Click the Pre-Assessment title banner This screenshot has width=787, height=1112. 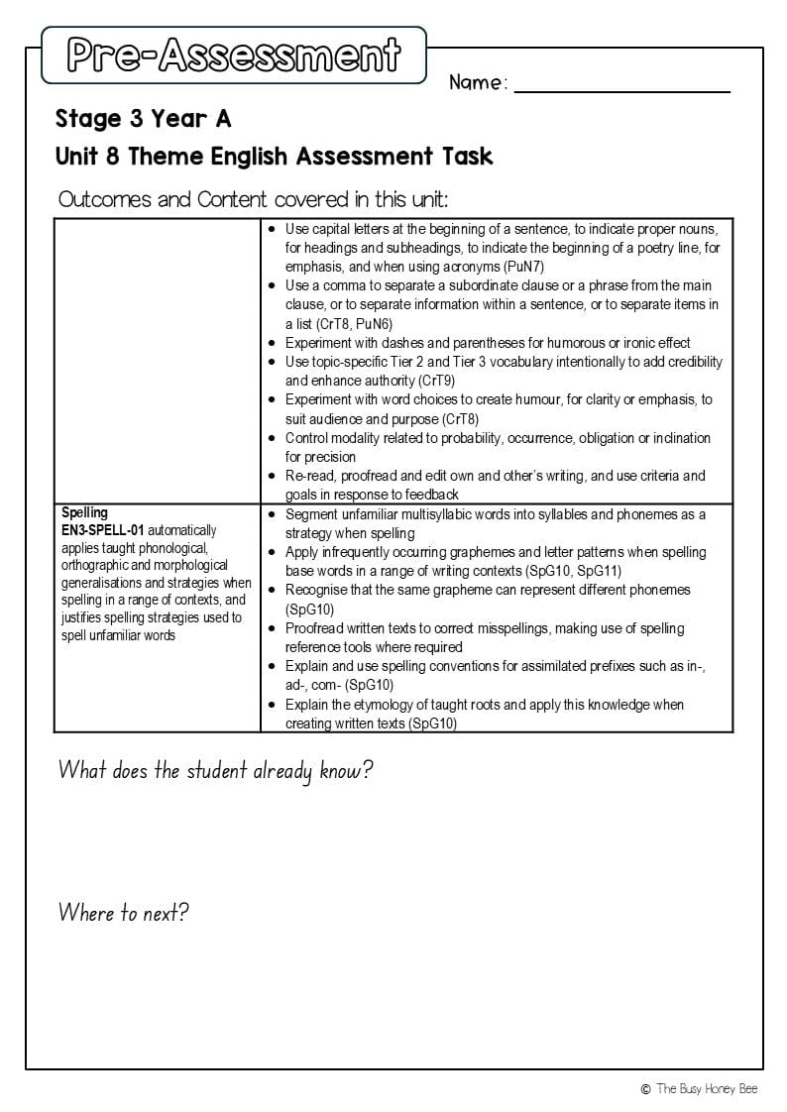pos(234,56)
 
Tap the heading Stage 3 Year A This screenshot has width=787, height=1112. pos(144,119)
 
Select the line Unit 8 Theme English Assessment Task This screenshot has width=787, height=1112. pos(275,156)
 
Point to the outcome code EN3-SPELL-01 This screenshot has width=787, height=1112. pos(102,530)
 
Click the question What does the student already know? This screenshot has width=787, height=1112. pos(215,771)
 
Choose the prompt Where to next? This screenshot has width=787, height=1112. pos(123,913)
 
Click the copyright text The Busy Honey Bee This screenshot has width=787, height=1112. pos(707,1088)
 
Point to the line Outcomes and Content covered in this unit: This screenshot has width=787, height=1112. pos(253,199)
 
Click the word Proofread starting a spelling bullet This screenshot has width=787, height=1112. pos(316,628)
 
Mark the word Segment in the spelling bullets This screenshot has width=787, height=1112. pos(312,514)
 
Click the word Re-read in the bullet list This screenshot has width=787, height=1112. pos(309,476)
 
